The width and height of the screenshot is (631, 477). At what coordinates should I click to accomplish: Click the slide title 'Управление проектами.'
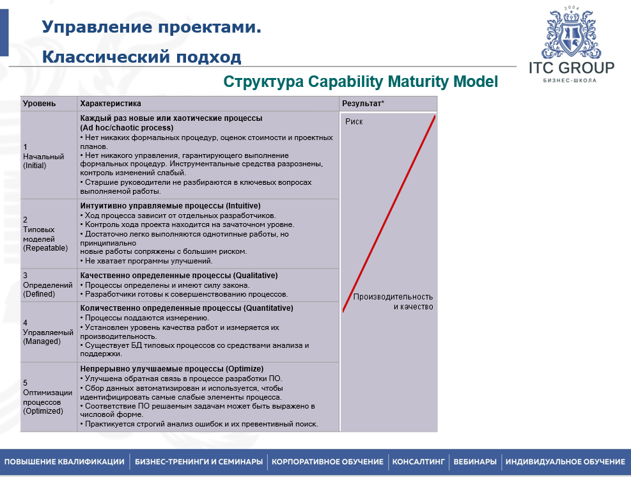[x=152, y=27]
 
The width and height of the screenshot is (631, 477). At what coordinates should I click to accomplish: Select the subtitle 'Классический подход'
[x=141, y=58]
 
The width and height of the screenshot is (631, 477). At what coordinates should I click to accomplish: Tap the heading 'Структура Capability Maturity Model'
[x=360, y=82]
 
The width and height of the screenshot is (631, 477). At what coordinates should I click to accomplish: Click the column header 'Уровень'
[x=39, y=104]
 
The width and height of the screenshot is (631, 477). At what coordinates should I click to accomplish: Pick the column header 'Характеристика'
[x=111, y=104]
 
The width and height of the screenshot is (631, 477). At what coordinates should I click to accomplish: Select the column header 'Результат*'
[x=362, y=104]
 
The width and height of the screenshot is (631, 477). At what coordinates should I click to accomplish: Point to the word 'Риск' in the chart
[x=354, y=121]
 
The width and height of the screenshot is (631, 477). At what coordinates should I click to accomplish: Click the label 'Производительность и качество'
[x=393, y=302]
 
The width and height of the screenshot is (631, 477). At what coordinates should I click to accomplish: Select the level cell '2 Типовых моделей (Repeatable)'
[x=45, y=233]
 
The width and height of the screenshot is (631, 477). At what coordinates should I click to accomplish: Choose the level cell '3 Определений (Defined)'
[x=39, y=285]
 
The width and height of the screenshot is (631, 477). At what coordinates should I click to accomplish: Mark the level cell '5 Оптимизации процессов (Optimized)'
[x=43, y=397]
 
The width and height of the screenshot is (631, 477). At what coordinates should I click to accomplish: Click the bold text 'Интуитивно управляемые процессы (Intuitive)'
[x=170, y=206]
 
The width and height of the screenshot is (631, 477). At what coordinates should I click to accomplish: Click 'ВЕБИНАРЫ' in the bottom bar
[x=474, y=462]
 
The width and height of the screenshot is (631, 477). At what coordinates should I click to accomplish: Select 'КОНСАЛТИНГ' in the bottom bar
[x=418, y=462]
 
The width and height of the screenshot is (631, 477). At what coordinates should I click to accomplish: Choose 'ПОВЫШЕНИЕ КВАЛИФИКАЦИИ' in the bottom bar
[x=65, y=462]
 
